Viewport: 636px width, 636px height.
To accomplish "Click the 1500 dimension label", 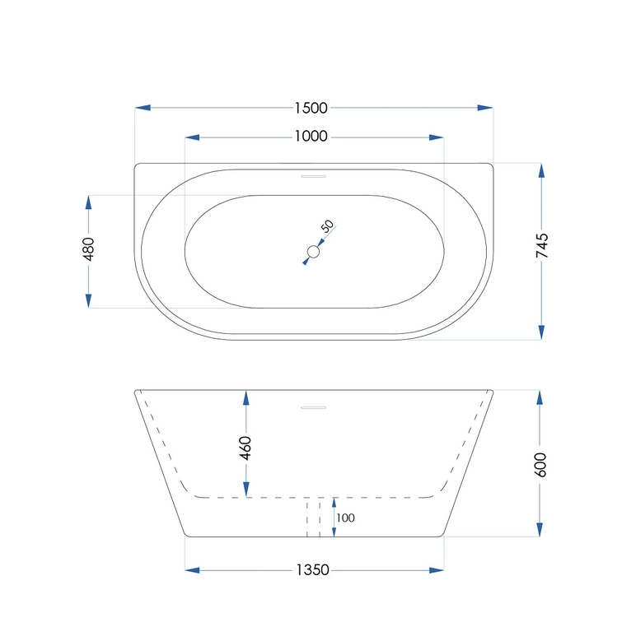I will click(311, 108).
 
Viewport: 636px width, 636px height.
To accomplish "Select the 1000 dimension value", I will click(311, 137).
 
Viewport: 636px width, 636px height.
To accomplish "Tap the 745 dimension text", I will click(541, 247).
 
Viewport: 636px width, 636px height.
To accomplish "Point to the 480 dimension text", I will click(89, 248).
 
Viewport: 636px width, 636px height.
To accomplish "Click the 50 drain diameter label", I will click(327, 226).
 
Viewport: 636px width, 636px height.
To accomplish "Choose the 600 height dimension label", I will click(540, 464).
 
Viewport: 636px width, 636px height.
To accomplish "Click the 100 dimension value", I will click(345, 518).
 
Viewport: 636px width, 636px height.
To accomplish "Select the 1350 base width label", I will click(312, 569).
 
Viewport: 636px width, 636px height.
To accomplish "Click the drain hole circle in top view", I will click(314, 252).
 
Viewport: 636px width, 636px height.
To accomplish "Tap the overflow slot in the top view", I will click(314, 174).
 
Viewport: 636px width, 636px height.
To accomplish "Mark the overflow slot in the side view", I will click(314, 406).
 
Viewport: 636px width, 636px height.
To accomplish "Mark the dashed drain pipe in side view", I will click(313, 518).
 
